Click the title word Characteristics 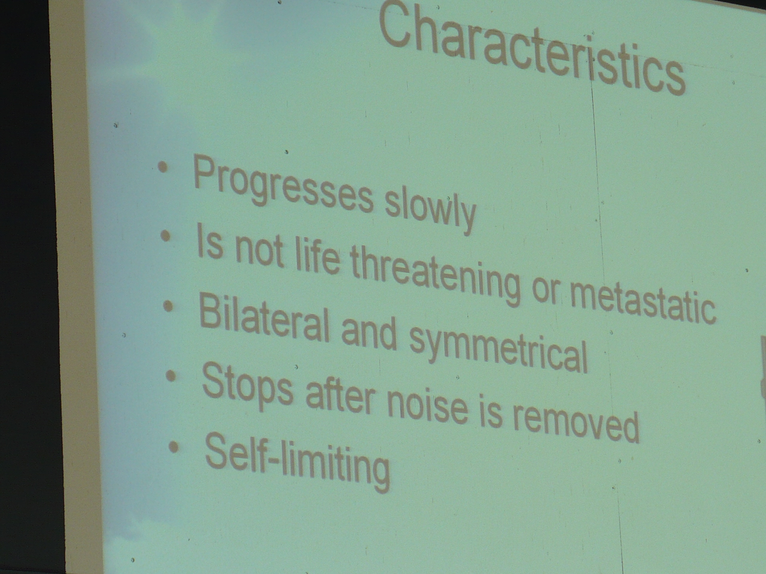coord(532,49)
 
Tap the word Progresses coord(283,185)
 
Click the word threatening coord(434,275)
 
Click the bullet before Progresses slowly coord(163,167)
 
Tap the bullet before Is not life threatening coord(165,237)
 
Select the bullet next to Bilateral coord(168,306)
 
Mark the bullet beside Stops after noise coord(171,375)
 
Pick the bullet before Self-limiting coord(174,447)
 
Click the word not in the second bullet coord(259,251)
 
